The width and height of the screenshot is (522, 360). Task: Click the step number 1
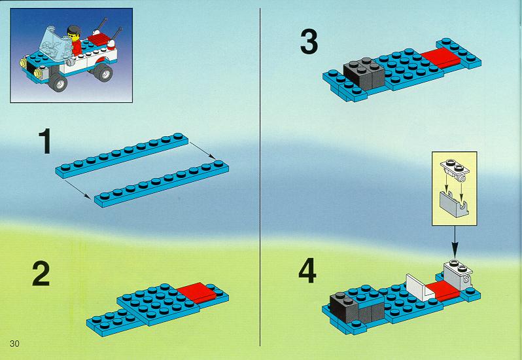pos(44,141)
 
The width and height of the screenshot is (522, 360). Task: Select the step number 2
pos(41,274)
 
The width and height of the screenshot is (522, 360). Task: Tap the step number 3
pos(309,42)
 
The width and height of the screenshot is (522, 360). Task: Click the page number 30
pos(14,344)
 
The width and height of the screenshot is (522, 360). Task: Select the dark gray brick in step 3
pos(364,73)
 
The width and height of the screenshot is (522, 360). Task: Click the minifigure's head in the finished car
pos(73,33)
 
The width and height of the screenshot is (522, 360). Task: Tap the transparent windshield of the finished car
pos(56,43)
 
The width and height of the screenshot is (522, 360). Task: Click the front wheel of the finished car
pos(58,81)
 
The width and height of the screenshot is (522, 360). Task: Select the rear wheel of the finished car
pos(103,71)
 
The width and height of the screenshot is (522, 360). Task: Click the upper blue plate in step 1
pos(122,155)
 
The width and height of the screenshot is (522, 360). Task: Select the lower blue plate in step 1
pos(162,184)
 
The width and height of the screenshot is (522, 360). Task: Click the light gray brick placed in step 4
pos(459,276)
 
